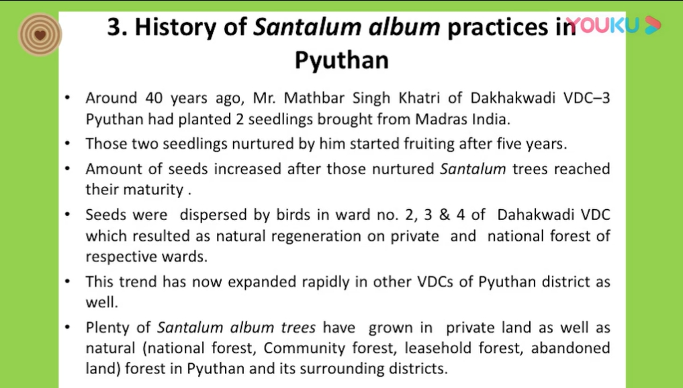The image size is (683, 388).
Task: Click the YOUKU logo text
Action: [x=603, y=26]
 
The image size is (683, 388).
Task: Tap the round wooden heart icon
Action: [x=40, y=34]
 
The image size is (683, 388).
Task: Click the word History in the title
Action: [x=175, y=28]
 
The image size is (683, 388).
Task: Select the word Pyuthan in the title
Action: [x=341, y=61]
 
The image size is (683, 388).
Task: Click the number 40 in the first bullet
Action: [x=154, y=98]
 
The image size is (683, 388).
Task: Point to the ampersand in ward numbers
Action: [x=445, y=215]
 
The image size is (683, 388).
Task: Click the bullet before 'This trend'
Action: [x=67, y=282]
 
